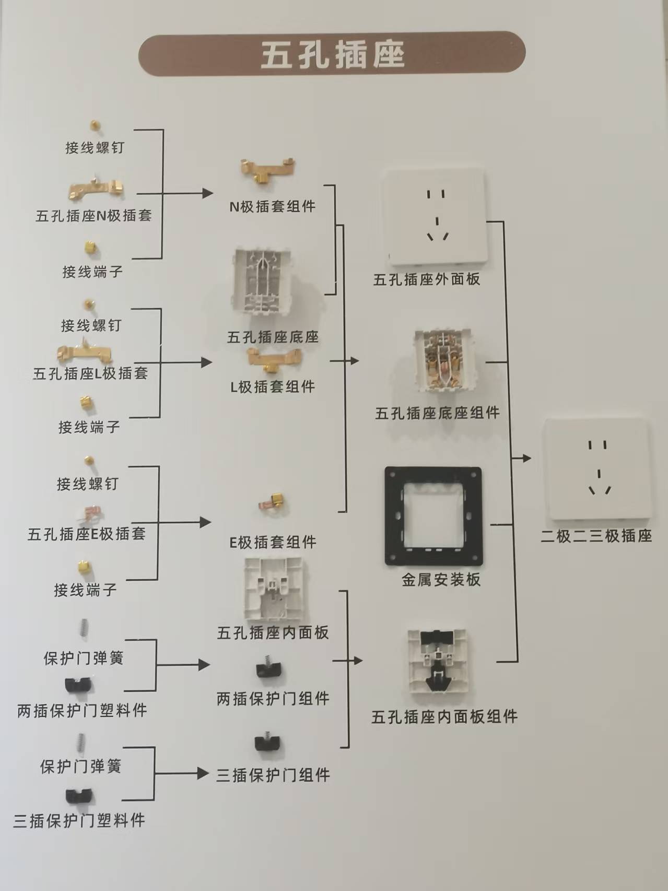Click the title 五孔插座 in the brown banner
332,55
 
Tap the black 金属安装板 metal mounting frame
433,516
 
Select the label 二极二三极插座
596,536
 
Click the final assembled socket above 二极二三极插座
597,469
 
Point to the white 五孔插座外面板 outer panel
435,216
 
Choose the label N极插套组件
272,206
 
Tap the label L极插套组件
273,387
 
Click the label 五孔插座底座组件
437,413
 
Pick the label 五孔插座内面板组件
444,717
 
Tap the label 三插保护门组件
273,775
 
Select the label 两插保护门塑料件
82,710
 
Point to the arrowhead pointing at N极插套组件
207,193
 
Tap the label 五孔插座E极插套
86,534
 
